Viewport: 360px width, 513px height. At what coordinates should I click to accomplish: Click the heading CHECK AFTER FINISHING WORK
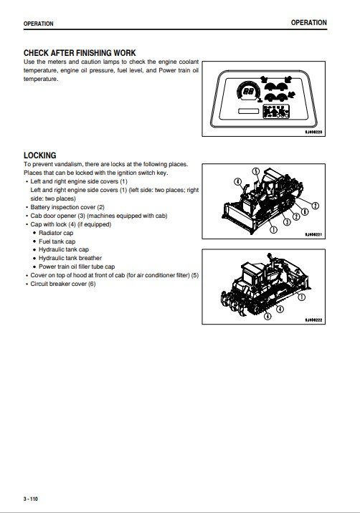click(80, 53)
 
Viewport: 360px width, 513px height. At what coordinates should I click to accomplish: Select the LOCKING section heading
click(40, 155)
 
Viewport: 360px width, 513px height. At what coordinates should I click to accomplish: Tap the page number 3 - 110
click(31, 499)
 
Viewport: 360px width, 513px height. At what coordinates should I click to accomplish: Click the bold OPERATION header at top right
click(309, 23)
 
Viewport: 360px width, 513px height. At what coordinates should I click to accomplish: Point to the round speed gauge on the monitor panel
click(249, 91)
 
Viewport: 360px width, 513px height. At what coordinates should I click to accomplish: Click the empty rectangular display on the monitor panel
click(248, 111)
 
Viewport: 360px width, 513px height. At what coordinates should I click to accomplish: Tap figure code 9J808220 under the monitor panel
click(313, 132)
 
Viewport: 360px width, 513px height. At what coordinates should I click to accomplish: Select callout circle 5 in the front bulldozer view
click(256, 171)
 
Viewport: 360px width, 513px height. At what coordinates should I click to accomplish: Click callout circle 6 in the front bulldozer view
click(305, 211)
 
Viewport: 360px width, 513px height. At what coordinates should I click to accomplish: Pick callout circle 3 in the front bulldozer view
click(287, 222)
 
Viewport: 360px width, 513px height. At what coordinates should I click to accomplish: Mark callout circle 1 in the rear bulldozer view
click(301, 297)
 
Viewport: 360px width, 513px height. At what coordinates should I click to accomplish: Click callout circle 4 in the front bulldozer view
click(238, 181)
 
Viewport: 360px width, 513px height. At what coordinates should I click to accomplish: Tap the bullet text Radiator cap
click(56, 233)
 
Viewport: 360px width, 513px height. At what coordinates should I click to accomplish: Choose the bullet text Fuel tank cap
click(57, 241)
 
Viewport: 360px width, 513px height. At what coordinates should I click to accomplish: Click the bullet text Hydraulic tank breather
click(70, 258)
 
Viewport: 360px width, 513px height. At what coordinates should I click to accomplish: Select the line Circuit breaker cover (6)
click(63, 284)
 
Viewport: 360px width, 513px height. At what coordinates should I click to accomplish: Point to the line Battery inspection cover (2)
click(67, 207)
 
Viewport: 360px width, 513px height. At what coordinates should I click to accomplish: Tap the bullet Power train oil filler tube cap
click(77, 267)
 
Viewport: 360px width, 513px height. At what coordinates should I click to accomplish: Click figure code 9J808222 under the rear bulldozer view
click(313, 320)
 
